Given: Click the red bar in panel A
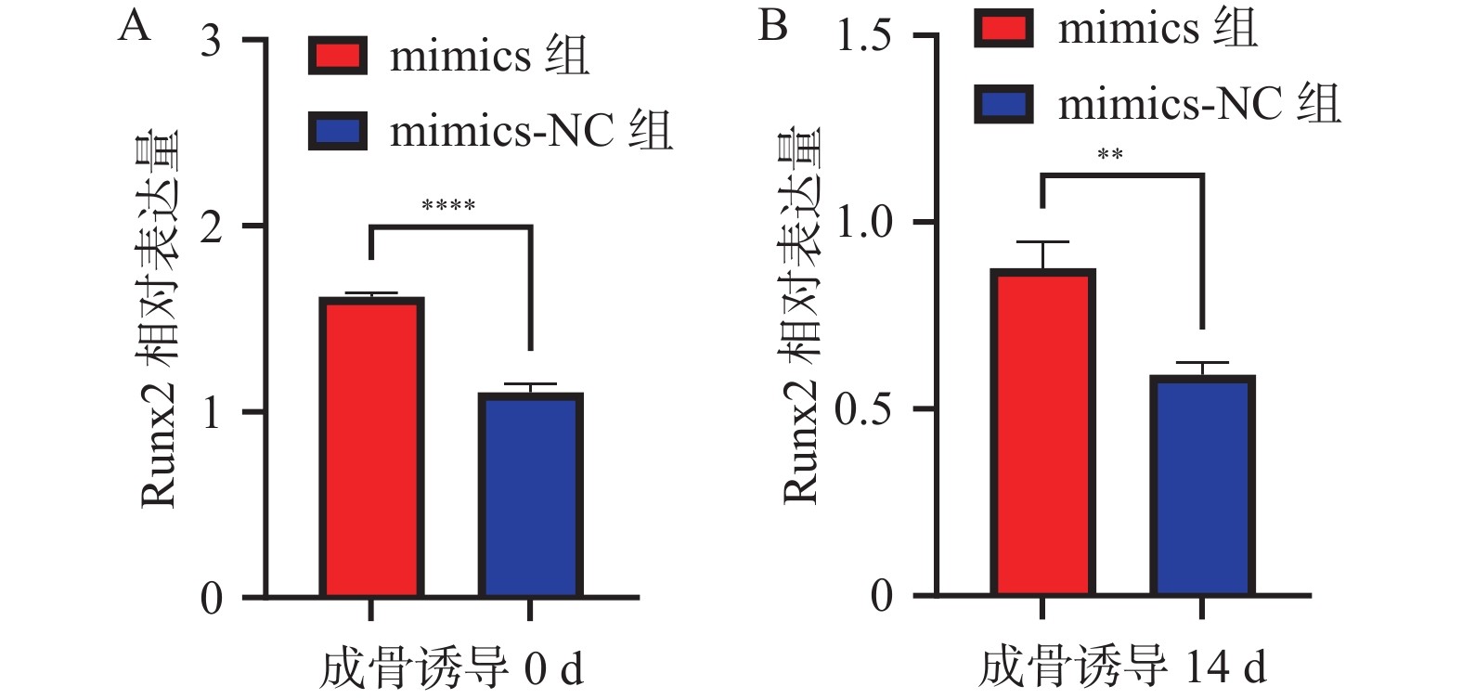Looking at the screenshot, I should (371, 447).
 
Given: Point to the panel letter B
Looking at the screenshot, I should (772, 26).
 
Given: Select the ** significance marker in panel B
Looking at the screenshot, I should (1110, 155).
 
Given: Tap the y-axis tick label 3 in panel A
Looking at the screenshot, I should (212, 41).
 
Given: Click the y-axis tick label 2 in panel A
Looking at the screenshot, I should (212, 227).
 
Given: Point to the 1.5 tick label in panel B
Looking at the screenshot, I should (863, 37).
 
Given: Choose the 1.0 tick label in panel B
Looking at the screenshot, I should (863, 223).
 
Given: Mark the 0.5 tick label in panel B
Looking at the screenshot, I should (863, 409).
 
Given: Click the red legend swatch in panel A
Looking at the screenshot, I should (337, 56).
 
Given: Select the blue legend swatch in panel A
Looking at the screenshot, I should (337, 131).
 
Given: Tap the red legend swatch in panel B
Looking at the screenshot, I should (1003, 28).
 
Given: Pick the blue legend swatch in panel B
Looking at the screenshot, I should (1003, 103).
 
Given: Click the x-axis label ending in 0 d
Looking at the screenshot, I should (451, 669).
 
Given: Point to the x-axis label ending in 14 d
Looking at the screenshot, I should (1121, 667).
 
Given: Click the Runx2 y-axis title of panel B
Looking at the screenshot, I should (802, 316).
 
